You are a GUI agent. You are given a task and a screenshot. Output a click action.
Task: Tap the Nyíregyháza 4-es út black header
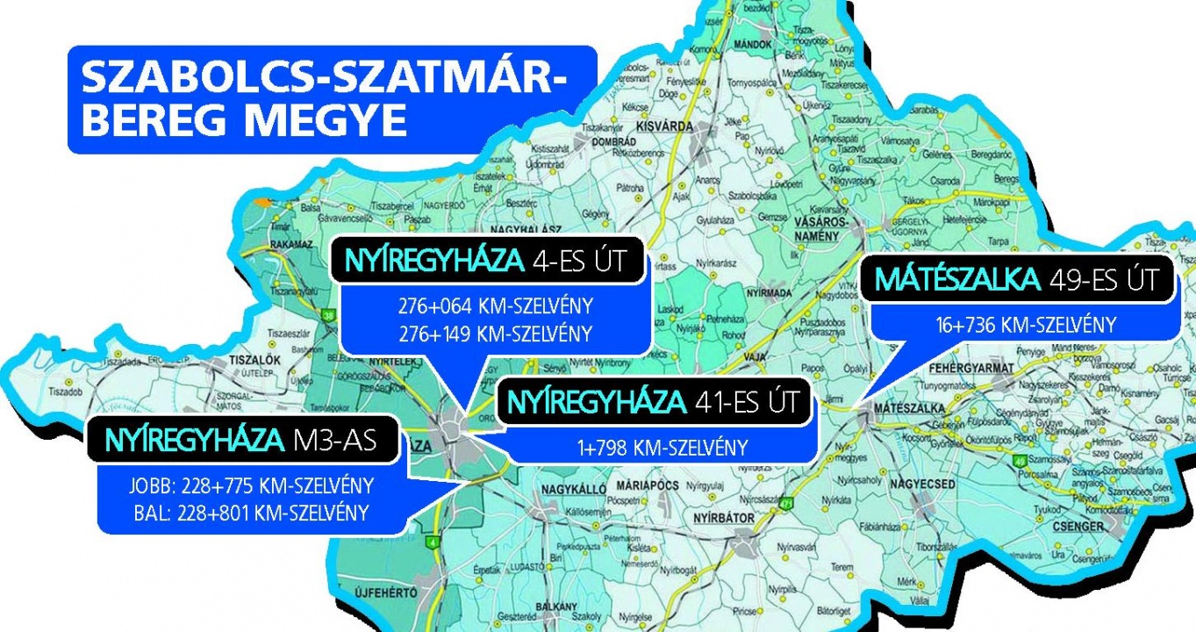487,262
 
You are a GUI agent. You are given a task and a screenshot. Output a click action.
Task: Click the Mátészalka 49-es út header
1017,281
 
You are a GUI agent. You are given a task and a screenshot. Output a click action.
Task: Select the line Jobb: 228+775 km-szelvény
250,486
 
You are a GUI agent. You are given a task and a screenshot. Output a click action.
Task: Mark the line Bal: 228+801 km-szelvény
250,512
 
